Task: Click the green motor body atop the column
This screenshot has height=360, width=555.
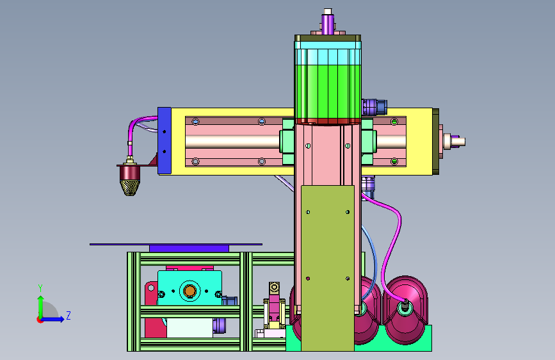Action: pyautogui.click(x=328, y=92)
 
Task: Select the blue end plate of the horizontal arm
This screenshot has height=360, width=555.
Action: pyautogui.click(x=165, y=141)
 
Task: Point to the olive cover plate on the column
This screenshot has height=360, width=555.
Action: pyautogui.click(x=327, y=268)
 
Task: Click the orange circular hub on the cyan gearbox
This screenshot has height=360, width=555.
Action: pyautogui.click(x=189, y=291)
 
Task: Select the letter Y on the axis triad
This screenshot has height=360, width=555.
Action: pyautogui.click(x=40, y=288)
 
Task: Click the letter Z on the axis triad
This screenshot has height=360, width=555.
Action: pyautogui.click(x=68, y=315)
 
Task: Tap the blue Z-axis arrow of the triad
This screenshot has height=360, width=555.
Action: pyautogui.click(x=51, y=319)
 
